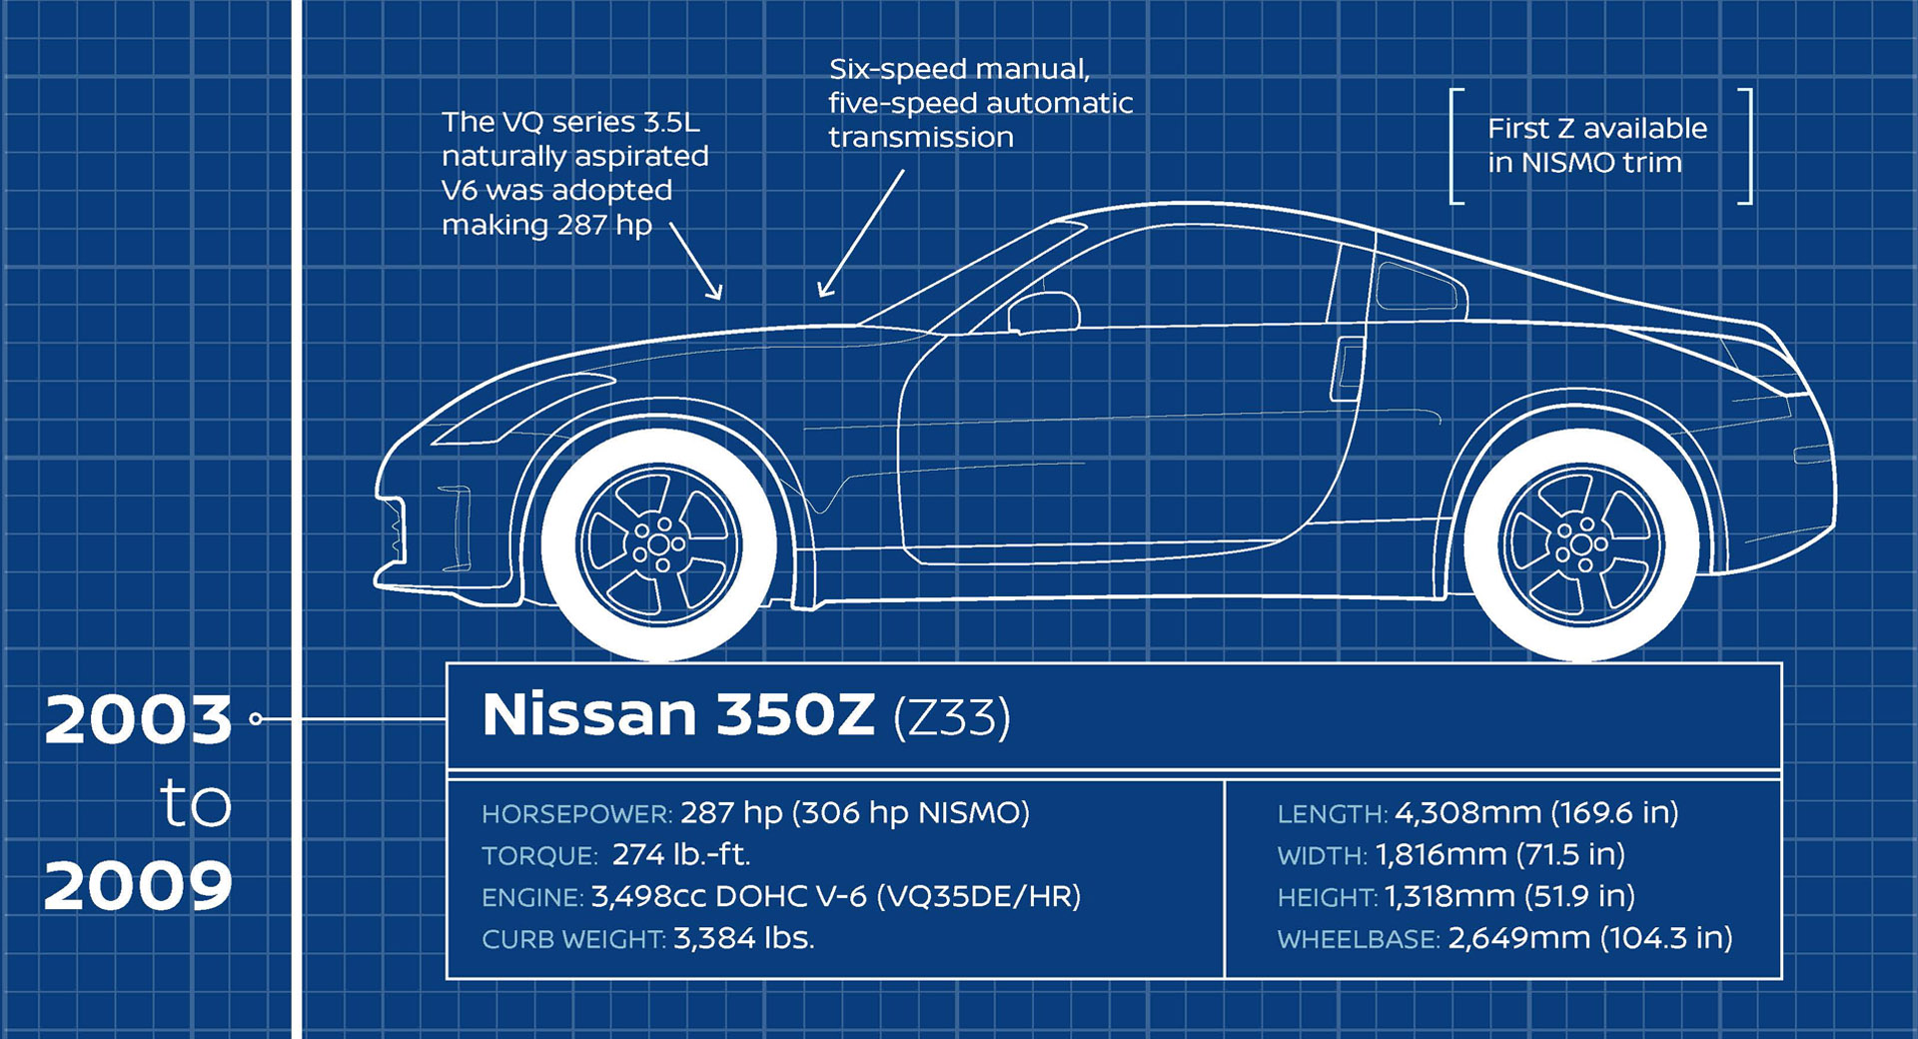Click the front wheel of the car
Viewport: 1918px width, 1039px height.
[x=659, y=544]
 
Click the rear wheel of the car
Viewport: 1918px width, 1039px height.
[x=1581, y=544]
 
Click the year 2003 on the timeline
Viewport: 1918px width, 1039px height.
[x=138, y=719]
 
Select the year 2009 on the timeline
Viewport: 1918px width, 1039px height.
[x=138, y=885]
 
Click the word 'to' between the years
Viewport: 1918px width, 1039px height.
[x=196, y=803]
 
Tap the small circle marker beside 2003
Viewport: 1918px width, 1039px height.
[x=256, y=719]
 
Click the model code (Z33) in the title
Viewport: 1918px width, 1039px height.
[x=951, y=717]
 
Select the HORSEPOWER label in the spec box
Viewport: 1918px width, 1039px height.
[x=576, y=814]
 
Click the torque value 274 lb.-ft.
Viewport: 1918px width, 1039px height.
[x=681, y=855]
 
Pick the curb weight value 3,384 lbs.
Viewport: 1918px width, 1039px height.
[x=744, y=938]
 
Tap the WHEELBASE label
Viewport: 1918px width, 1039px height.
[x=1359, y=939]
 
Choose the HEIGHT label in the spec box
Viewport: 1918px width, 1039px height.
[x=1327, y=898]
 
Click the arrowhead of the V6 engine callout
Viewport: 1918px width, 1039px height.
[x=716, y=293]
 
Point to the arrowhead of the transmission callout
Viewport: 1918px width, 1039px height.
[x=823, y=291]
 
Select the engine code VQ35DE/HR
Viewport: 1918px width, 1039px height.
[x=979, y=896]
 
